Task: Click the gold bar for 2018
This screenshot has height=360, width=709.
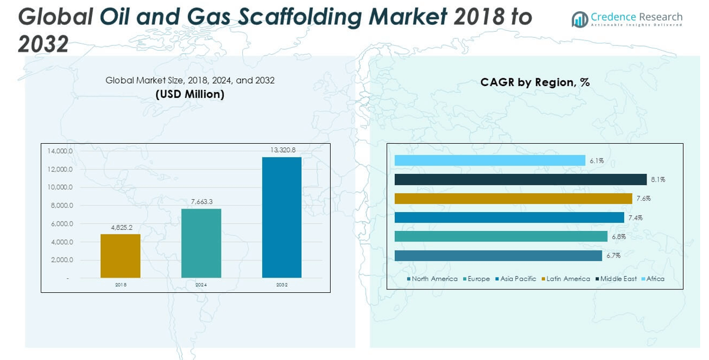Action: coord(120,256)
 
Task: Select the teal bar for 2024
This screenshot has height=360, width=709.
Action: coord(201,243)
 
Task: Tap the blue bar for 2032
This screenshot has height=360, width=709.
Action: coord(282,217)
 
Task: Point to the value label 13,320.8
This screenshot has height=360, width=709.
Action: coord(283,150)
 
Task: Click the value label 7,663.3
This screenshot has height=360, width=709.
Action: coord(202,202)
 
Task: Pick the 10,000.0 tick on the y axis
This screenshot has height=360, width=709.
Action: coord(60,187)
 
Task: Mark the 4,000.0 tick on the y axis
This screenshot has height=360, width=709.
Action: coord(60,242)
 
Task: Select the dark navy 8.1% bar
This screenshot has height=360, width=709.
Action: coord(520,180)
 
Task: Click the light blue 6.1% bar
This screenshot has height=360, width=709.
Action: coord(490,160)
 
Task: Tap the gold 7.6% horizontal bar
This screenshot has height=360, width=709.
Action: coord(513,199)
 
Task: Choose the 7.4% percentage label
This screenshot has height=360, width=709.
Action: coord(635,218)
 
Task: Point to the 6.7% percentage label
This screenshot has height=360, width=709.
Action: coord(614,256)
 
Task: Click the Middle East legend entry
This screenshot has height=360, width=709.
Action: coord(618,279)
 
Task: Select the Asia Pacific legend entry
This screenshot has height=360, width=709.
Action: coord(518,279)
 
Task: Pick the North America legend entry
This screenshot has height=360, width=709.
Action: coord(434,279)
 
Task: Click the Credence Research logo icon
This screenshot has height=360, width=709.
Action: coord(580,19)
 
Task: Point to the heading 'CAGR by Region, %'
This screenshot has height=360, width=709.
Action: coord(535,82)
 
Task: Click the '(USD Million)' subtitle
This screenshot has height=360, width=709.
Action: coord(190,94)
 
